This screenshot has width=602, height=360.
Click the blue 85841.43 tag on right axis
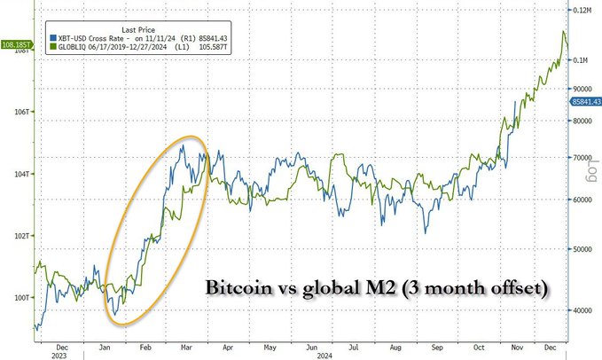tap(582, 104)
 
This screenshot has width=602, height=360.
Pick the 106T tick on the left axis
tap(21, 113)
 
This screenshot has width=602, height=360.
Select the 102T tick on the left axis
tap(21, 236)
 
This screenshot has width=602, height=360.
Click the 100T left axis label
tap(21, 298)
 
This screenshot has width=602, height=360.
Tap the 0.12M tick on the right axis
tap(582, 10)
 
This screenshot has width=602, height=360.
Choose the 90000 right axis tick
tap(580, 89)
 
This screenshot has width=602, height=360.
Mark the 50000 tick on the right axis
tap(580, 250)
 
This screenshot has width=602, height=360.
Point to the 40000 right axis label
tap(580, 311)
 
